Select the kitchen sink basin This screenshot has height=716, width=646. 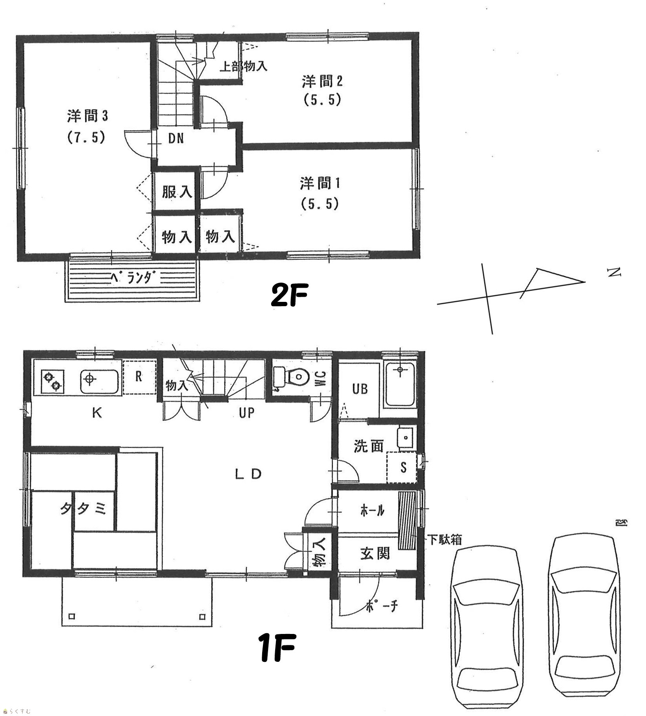point(100,381)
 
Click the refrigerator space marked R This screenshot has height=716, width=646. point(139,377)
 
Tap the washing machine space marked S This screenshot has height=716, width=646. point(402,467)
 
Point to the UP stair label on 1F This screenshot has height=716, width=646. point(246,413)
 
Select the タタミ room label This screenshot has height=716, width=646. point(83,509)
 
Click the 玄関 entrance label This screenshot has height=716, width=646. point(375,553)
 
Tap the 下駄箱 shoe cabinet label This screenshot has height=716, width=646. point(445,540)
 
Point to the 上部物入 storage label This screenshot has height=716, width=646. point(243,66)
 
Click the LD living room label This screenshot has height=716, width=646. point(248,474)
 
